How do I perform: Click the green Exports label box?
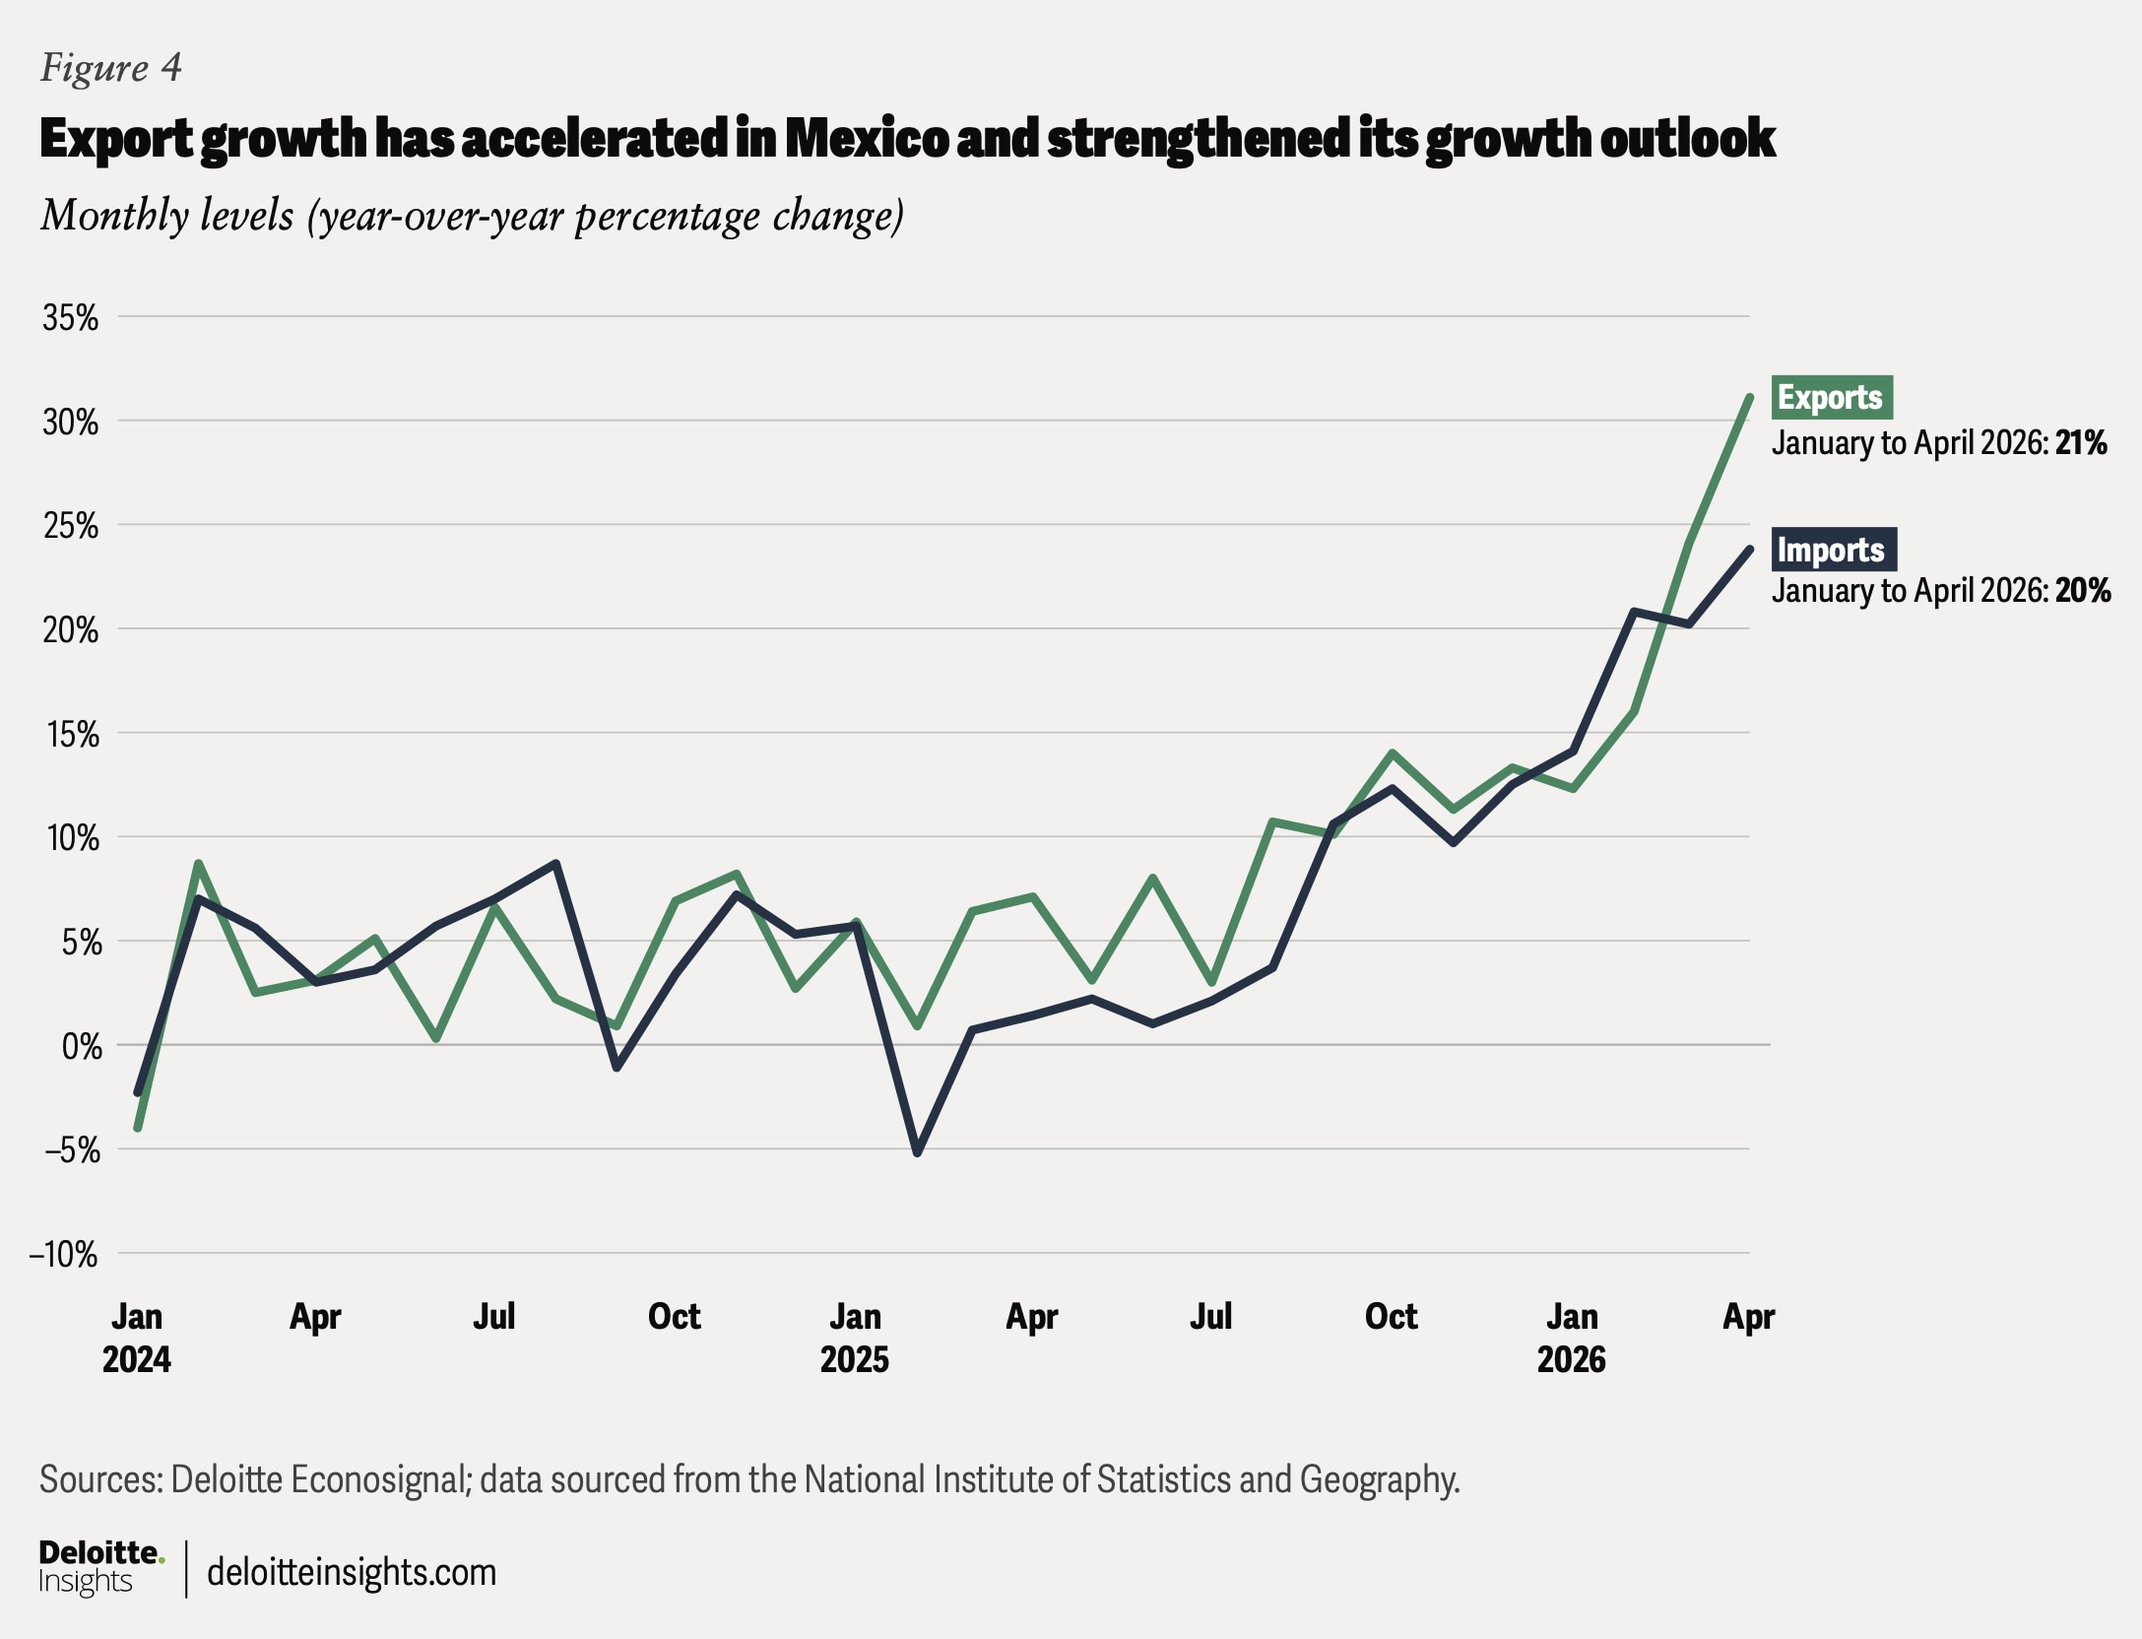coord(1832,398)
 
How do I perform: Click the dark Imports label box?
coord(1834,550)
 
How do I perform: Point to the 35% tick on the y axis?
coord(70,317)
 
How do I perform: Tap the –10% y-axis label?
coord(64,1254)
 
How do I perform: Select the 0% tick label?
coord(82,1045)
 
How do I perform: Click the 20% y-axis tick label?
coord(70,629)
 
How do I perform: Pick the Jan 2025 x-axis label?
coord(855,1338)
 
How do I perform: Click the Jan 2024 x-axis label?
coord(137,1338)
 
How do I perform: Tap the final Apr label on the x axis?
coord(1749,1317)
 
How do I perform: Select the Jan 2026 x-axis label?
coord(1572,1338)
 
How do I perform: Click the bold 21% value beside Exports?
coord(2081,443)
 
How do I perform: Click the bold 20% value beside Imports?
coord(2083,591)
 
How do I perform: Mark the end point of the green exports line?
coord(1750,397)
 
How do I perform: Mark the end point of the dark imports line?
coord(1750,549)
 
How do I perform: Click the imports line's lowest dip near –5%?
coord(918,1152)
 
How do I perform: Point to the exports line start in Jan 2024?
coord(138,1128)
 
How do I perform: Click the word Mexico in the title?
coord(867,138)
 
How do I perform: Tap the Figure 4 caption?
coord(111,68)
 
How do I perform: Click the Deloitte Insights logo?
coord(101,1567)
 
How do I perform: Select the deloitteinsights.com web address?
coord(352,1572)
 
